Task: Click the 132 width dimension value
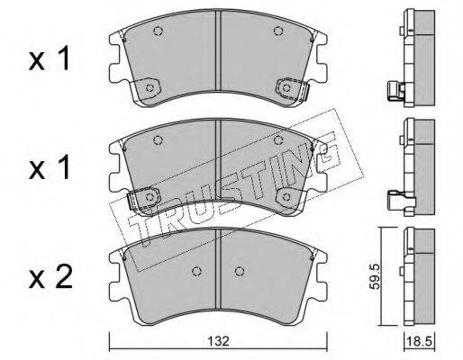pyautogui.click(x=218, y=341)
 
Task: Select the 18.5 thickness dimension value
pyautogui.click(x=419, y=341)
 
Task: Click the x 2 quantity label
pyautogui.click(x=50, y=278)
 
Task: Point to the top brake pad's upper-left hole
pyautogui.click(x=158, y=31)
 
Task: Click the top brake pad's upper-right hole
pyautogui.click(x=278, y=31)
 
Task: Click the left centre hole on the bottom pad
pyautogui.click(x=196, y=271)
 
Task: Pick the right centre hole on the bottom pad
pyautogui.click(x=240, y=271)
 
